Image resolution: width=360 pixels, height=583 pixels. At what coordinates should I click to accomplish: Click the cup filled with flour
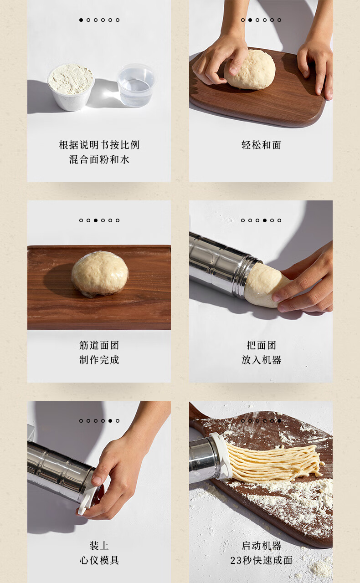point(71,87)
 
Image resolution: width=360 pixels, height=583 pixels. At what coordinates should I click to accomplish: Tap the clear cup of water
point(137,85)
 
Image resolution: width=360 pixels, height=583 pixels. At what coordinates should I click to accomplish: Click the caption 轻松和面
point(261,145)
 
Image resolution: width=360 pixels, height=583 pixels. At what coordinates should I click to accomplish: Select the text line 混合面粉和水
point(99,159)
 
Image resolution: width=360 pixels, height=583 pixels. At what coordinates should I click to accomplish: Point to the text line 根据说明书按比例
point(99,145)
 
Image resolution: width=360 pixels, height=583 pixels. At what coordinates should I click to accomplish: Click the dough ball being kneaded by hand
point(250,70)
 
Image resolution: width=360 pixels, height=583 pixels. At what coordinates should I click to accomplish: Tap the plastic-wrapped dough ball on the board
point(100,273)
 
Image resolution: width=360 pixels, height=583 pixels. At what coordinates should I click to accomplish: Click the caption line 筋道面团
point(99,345)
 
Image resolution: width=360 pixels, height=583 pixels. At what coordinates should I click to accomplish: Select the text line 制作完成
point(99,360)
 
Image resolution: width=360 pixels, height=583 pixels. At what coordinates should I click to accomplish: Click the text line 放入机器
point(261,360)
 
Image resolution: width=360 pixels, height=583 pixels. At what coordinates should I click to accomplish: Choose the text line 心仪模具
point(99,560)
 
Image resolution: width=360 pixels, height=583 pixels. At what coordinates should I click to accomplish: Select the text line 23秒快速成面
point(261,560)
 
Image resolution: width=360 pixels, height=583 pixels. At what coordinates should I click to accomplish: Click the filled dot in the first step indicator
point(81,20)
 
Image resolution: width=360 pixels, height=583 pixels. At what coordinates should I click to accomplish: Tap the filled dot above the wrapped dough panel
point(96,220)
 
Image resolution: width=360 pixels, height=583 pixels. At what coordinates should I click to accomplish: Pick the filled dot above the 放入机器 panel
point(265,220)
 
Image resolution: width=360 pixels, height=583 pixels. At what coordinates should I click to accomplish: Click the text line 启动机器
point(261,546)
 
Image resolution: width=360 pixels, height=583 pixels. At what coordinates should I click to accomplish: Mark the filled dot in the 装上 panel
point(110,421)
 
